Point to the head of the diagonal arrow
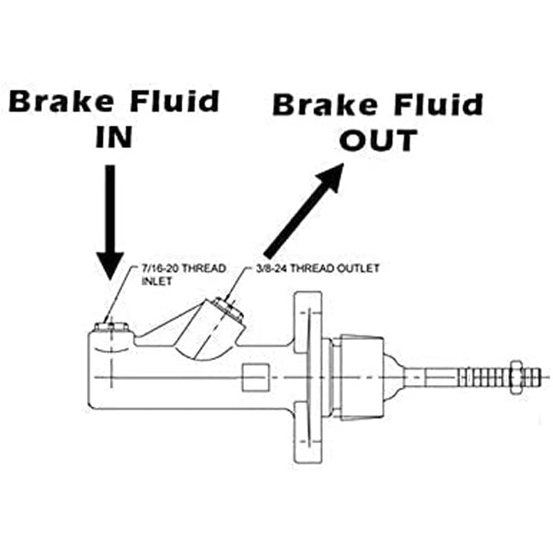tap(330, 176)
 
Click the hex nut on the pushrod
tap(514, 377)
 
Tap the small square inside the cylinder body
tap(256, 377)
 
